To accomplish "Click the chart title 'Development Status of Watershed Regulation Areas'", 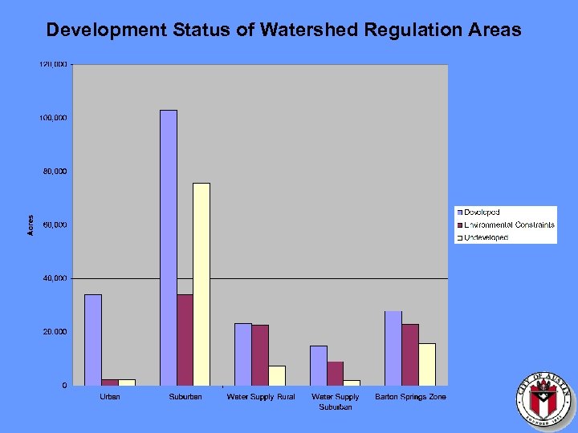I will pos(283,30).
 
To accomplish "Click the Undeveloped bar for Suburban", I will pos(201,284).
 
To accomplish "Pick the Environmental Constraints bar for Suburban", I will pos(185,339).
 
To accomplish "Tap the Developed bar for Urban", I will pos(93,339).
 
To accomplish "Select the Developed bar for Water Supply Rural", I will pos(242,354).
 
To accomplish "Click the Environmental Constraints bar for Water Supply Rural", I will pos(259,354).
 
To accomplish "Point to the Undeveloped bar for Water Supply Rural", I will pos(276,375).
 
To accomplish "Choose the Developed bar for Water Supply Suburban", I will pos(319,365).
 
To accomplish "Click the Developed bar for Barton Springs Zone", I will pos(393,348).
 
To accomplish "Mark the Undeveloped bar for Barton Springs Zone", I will pos(426,364).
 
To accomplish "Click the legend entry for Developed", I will pos(481,212).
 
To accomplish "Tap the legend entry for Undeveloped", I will pos(485,238).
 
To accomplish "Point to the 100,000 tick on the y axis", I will pos(55,118).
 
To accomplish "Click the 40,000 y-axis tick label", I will pos(55,278).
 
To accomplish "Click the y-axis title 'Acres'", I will pos(31,225).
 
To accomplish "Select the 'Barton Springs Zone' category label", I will pos(410,397).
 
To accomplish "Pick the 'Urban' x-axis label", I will pos(110,397).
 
